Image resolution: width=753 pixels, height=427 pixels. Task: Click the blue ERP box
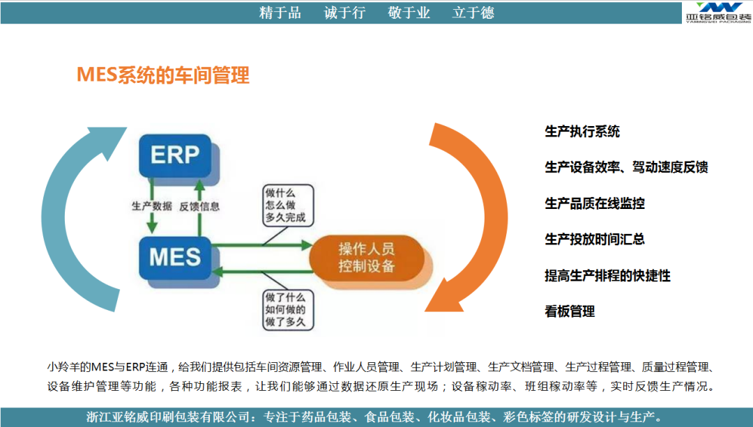(x=175, y=155)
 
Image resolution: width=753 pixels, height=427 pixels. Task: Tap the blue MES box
(x=175, y=258)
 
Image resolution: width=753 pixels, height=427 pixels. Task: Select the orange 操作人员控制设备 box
(x=367, y=258)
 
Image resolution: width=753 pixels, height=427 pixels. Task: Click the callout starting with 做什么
(x=288, y=205)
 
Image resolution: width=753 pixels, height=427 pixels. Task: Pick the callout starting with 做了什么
(x=288, y=309)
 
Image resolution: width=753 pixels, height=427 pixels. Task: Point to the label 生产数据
(x=152, y=206)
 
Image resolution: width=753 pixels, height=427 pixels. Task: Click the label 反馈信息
(x=199, y=207)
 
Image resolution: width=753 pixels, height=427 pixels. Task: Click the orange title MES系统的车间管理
(x=163, y=75)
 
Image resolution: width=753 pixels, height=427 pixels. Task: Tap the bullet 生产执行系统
(x=582, y=132)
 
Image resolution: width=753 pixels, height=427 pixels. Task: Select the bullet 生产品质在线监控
(x=595, y=203)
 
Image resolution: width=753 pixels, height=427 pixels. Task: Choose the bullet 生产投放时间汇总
(x=595, y=240)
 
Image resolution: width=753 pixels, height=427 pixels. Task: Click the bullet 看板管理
(x=570, y=312)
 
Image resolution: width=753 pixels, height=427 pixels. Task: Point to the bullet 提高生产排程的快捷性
(x=607, y=276)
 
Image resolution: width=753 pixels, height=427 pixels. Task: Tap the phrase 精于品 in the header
(x=280, y=13)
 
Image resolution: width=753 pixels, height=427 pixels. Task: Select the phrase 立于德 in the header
(x=473, y=13)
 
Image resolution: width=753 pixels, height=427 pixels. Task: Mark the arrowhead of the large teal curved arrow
(x=109, y=141)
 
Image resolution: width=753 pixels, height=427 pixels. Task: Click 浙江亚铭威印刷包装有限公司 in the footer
(x=168, y=417)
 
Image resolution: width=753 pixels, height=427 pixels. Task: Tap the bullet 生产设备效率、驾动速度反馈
(x=626, y=167)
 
